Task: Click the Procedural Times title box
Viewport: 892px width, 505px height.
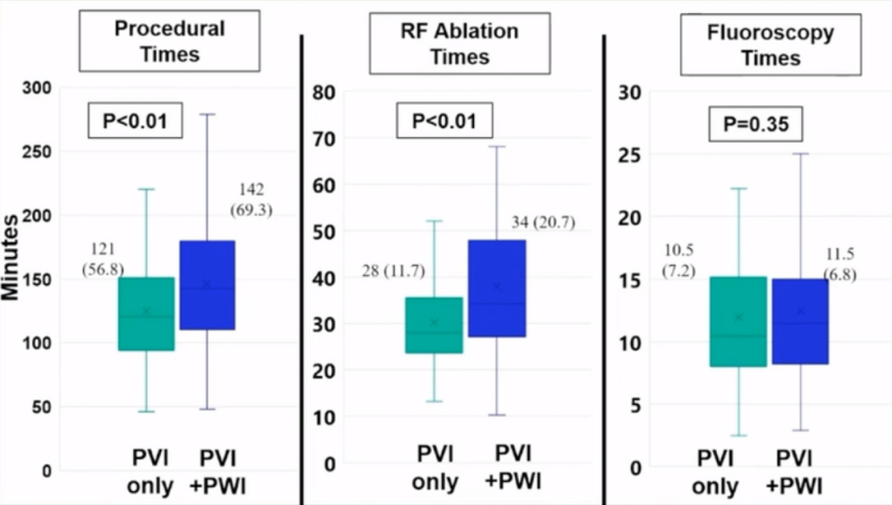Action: tap(169, 40)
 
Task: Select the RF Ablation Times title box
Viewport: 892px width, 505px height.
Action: tap(459, 44)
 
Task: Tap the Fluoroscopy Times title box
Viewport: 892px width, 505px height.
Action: tap(770, 45)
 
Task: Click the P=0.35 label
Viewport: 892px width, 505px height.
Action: tap(756, 124)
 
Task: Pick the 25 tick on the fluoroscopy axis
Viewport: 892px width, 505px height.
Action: tap(631, 155)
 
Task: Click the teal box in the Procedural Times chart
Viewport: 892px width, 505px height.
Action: tap(146, 313)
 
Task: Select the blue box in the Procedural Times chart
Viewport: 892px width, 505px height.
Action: tap(206, 284)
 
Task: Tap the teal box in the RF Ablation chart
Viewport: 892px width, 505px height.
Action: tap(434, 324)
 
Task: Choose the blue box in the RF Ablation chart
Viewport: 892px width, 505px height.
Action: tap(496, 288)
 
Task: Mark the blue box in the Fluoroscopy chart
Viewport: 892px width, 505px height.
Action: tap(799, 321)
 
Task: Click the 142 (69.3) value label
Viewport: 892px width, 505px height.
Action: tap(251, 200)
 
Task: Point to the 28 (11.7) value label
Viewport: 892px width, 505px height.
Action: tap(393, 272)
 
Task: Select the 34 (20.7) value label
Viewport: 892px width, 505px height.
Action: tap(543, 222)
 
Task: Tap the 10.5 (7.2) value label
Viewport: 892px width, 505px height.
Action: tap(679, 260)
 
